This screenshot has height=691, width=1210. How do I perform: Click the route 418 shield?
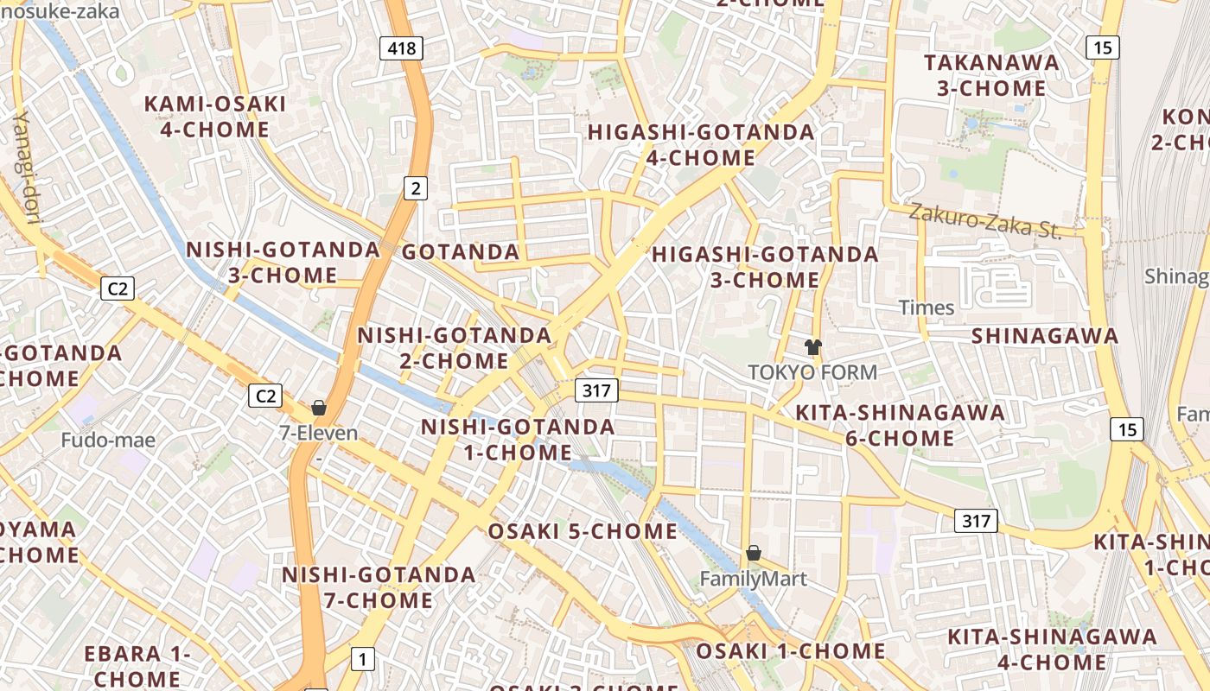(402, 48)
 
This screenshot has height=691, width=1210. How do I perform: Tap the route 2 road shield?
(417, 187)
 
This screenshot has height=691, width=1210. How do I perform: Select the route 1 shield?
(363, 659)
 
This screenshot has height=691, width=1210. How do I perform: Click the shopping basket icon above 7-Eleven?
(319, 408)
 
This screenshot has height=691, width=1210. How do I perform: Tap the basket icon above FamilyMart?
(754, 553)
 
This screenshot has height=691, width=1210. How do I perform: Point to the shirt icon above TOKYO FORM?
(812, 347)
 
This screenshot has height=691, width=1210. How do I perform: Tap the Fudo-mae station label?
(108, 441)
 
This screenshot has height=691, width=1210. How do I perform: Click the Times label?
(927, 307)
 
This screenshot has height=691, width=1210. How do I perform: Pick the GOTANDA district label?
(461, 252)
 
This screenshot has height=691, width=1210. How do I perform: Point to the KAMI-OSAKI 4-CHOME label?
(214, 117)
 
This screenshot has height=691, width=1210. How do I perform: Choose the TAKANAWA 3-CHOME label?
(991, 75)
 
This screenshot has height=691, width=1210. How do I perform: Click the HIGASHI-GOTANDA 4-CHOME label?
(701, 145)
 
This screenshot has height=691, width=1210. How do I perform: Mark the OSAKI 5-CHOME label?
(583, 531)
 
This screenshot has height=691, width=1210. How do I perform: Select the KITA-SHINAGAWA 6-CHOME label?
(900, 425)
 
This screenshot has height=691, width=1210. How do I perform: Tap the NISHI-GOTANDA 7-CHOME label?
(379, 587)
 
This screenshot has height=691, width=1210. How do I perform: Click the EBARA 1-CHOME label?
(137, 666)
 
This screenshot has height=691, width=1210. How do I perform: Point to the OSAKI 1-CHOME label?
(791, 650)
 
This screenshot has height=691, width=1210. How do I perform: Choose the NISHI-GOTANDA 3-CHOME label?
(283, 263)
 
